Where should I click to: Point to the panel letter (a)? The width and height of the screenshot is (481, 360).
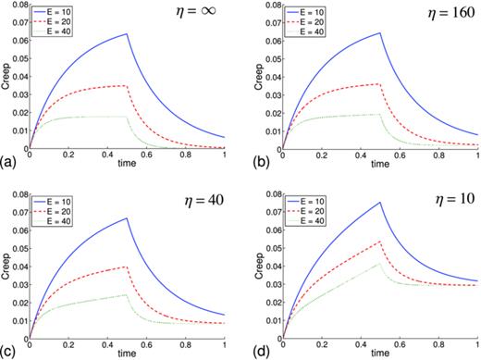click(8, 161)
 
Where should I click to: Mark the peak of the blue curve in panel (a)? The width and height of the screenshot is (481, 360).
click(127, 34)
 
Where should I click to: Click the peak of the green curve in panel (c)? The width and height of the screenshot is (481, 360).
click(127, 294)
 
